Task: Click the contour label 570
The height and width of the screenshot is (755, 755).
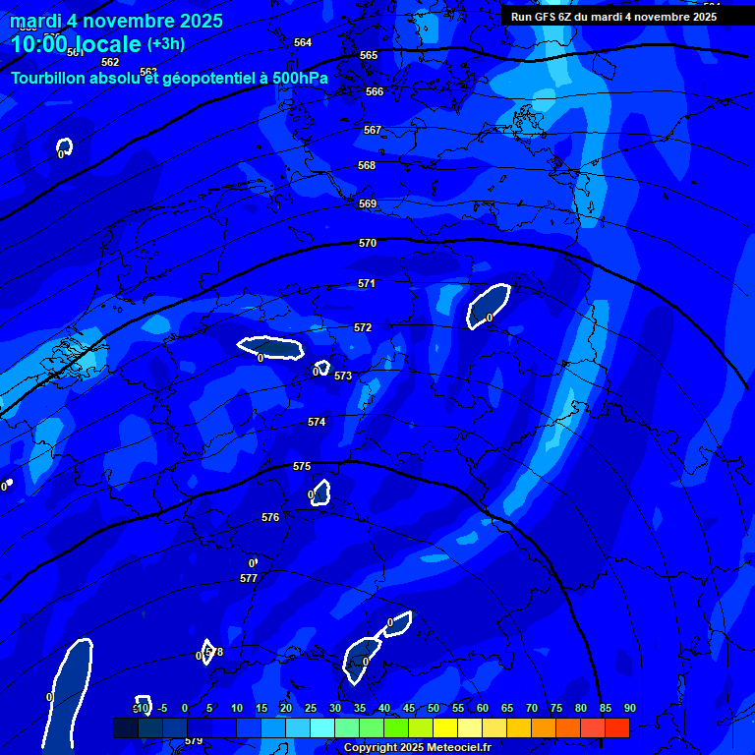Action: click(x=368, y=243)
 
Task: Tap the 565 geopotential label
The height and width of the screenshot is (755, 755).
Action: click(x=369, y=56)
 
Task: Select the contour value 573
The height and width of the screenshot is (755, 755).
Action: click(x=343, y=377)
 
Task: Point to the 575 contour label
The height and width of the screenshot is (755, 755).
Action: click(x=302, y=466)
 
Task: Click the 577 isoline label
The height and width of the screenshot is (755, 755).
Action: click(x=249, y=579)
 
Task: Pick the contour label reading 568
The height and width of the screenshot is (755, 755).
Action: click(x=367, y=166)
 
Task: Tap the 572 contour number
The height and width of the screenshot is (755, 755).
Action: click(x=363, y=327)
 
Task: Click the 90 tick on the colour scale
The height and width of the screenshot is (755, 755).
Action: click(x=629, y=708)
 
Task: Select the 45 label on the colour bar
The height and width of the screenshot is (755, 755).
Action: click(x=409, y=708)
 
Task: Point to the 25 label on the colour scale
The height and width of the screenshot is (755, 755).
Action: click(x=311, y=708)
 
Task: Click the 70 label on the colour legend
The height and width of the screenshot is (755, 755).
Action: click(x=532, y=708)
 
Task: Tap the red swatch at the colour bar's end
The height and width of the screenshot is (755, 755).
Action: click(x=616, y=727)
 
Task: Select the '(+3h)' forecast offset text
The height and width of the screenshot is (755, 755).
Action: click(x=165, y=44)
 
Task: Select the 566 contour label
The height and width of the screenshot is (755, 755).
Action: click(x=375, y=91)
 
